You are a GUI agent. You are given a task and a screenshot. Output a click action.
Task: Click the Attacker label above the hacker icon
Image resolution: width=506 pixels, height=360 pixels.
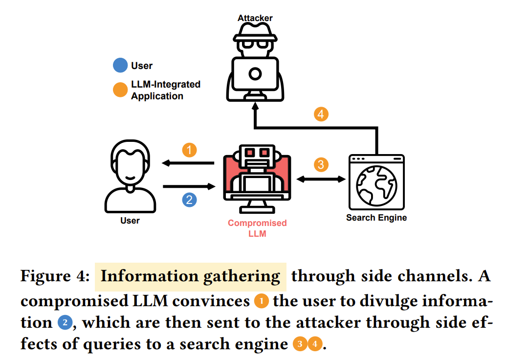tap(255, 19)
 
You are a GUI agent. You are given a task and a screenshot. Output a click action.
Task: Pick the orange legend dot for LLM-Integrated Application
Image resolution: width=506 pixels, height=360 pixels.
tap(120, 90)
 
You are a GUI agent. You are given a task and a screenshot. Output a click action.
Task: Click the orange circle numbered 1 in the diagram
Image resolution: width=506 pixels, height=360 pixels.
tap(189, 150)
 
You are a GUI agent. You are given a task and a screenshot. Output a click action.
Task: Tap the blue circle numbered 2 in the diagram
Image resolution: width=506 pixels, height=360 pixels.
tap(189, 200)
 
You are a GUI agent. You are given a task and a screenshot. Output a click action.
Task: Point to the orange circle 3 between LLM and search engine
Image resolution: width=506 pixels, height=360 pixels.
tap(321, 164)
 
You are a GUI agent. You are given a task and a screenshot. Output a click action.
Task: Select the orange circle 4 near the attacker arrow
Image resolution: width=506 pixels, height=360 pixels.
tap(321, 115)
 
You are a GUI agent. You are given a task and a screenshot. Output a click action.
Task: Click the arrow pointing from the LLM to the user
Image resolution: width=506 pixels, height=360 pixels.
tap(188, 163)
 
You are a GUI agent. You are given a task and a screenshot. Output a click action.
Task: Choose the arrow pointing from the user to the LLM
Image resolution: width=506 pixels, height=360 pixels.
tap(188, 186)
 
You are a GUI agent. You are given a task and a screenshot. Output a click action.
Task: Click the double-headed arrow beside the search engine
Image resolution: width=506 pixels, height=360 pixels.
tap(321, 180)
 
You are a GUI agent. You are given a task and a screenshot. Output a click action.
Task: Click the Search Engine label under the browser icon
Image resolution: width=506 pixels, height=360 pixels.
tap(376, 218)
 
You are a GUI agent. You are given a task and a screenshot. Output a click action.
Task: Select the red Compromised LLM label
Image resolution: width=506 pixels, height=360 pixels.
tap(257, 228)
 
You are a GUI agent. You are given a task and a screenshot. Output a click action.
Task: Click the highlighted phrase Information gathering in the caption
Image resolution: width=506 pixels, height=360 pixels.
tap(190, 276)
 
